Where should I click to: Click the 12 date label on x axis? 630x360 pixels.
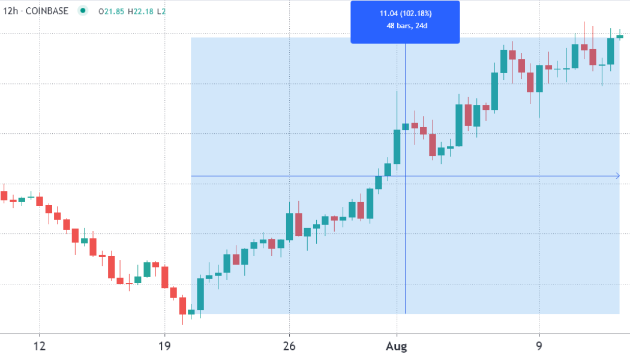pyautogui.click(x=39, y=346)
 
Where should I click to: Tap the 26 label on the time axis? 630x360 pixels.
pyautogui.click(x=289, y=346)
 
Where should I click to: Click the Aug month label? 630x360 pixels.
pyautogui.click(x=397, y=346)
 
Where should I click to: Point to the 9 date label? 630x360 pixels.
pyautogui.click(x=539, y=346)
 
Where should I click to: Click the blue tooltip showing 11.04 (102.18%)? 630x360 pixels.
pyautogui.click(x=405, y=22)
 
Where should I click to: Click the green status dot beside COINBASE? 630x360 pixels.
pyautogui.click(x=83, y=11)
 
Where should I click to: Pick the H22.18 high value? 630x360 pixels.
pyautogui.click(x=146, y=11)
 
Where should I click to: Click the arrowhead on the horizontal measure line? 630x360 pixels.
pyautogui.click(x=617, y=176)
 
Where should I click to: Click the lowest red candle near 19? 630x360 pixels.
pyautogui.click(x=182, y=305)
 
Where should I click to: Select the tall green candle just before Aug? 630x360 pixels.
pyautogui.click(x=397, y=146)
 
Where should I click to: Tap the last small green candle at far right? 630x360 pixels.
pyautogui.click(x=620, y=37)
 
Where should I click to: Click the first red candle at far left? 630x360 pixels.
pyautogui.click(x=4, y=196)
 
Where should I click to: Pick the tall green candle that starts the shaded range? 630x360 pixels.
pyautogui.click(x=200, y=294)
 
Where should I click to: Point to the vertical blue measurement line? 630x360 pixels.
pyautogui.click(x=406, y=240)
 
